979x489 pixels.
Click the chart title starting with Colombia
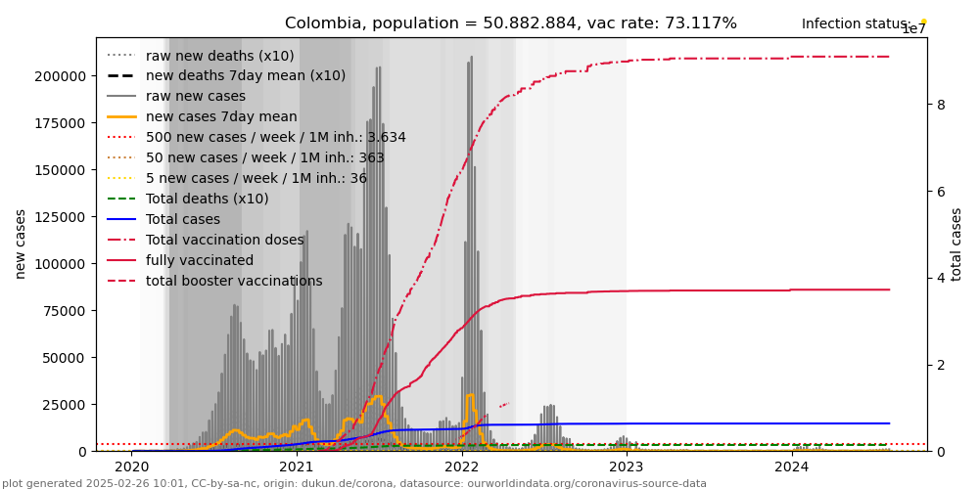(510, 23)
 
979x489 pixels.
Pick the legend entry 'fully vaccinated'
(199, 260)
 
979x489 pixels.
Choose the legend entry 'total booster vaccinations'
(234, 281)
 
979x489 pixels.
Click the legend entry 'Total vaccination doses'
(224, 240)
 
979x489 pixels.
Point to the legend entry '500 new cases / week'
(275, 137)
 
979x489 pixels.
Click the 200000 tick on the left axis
(61, 76)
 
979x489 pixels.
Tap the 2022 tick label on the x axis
(462, 467)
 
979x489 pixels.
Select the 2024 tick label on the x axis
(792, 467)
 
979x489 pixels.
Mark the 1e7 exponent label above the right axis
(912, 29)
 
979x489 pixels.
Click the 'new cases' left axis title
(21, 244)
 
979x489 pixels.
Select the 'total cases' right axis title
(956, 244)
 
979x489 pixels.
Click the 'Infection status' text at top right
(856, 24)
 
